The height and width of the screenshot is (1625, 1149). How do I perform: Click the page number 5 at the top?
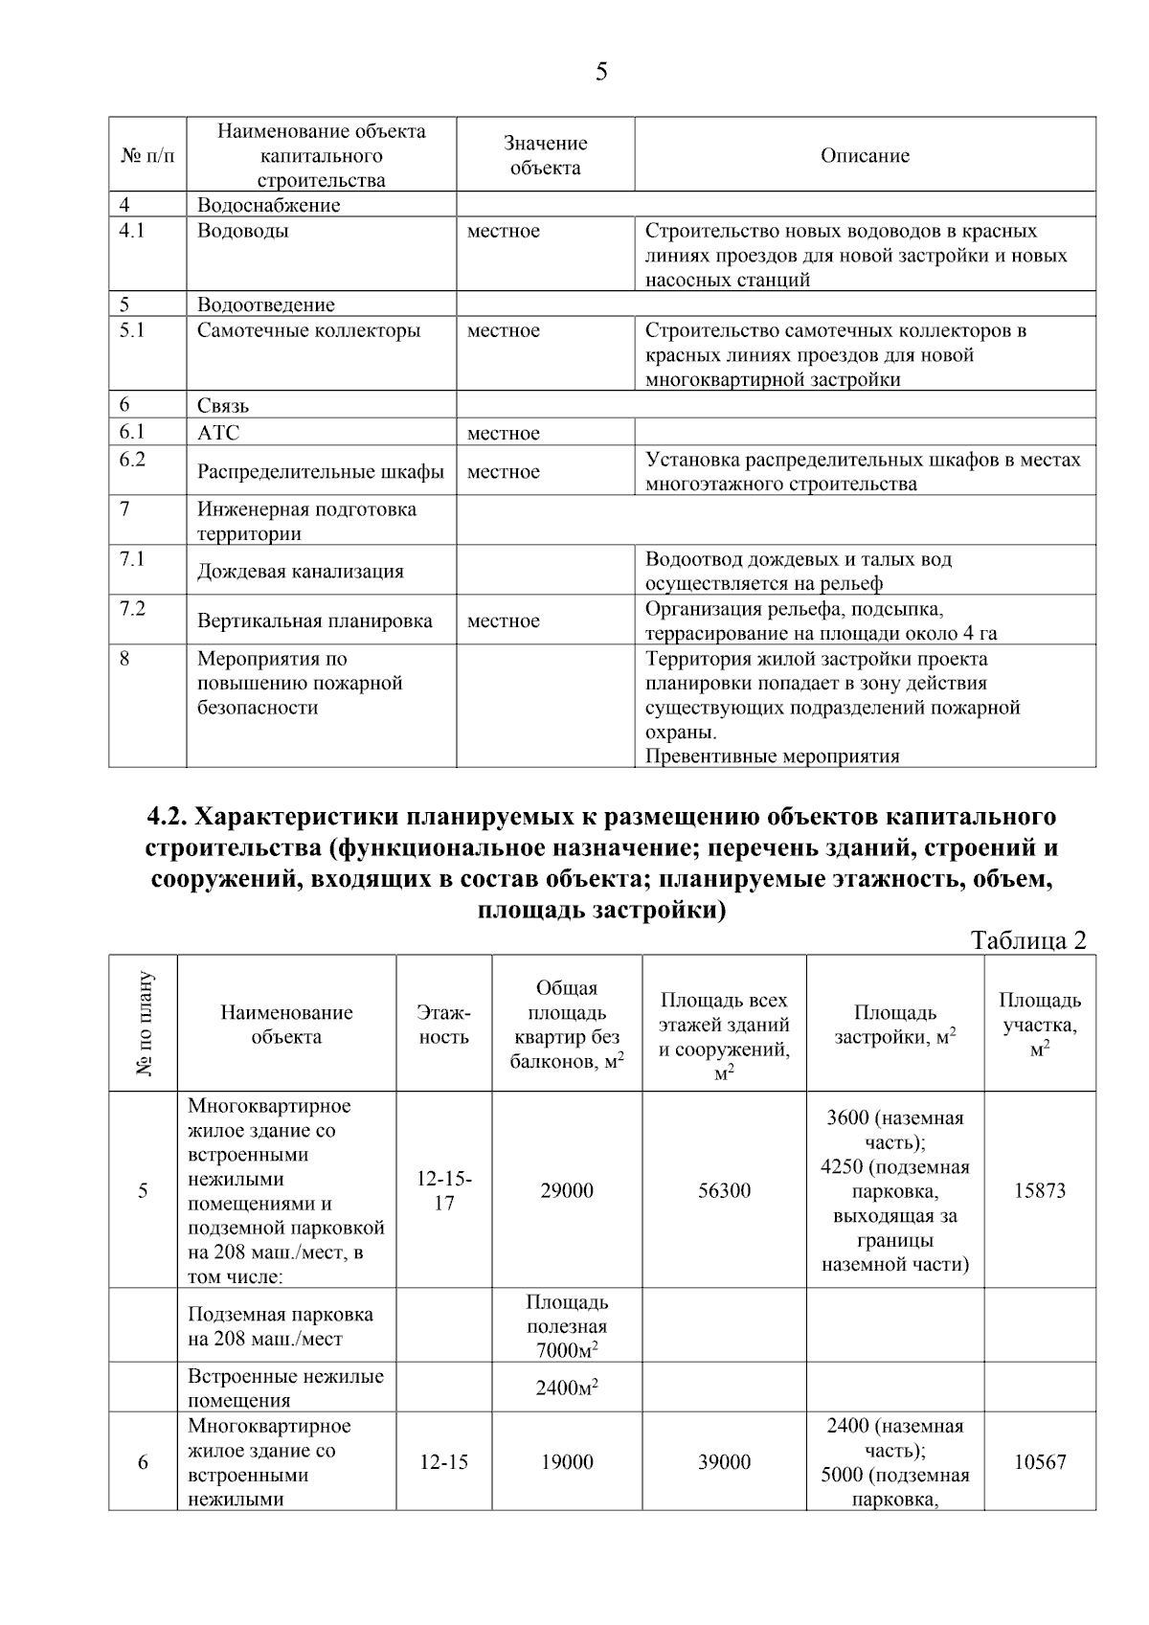[x=600, y=73]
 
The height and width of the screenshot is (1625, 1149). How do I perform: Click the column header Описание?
[x=865, y=155]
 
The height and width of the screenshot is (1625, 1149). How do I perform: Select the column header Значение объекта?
[x=545, y=155]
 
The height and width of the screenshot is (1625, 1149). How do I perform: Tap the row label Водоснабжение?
[x=268, y=205]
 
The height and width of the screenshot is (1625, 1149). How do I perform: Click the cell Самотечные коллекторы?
[x=308, y=330]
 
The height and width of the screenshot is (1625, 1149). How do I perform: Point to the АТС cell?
[x=218, y=433]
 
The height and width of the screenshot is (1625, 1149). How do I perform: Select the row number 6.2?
[x=132, y=459]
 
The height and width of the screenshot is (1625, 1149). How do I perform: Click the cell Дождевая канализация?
[x=300, y=571]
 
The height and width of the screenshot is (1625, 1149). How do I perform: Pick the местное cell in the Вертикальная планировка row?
[x=503, y=621]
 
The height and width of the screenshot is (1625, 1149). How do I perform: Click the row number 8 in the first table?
[x=125, y=659]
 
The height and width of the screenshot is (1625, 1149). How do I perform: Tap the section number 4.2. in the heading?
[x=170, y=817]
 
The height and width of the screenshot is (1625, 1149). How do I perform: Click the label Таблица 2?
[x=1028, y=940]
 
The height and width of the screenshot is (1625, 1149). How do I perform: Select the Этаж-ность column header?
[x=443, y=1024]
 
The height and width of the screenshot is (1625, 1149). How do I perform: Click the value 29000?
[x=566, y=1190]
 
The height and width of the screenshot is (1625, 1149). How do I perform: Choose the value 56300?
[x=724, y=1190]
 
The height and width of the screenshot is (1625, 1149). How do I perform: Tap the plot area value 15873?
[x=1040, y=1190]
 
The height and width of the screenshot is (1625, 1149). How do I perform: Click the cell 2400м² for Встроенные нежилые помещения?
[x=566, y=1388]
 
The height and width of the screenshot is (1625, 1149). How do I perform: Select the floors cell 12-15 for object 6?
[x=443, y=1462]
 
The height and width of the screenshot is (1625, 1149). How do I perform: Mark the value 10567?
[x=1040, y=1462]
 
